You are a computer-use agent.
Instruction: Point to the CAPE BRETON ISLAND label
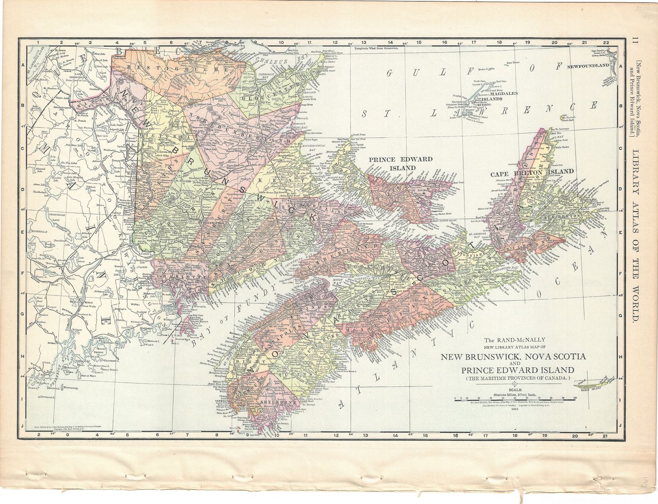click(x=531, y=171)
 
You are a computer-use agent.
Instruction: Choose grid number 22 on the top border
click(x=606, y=42)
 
